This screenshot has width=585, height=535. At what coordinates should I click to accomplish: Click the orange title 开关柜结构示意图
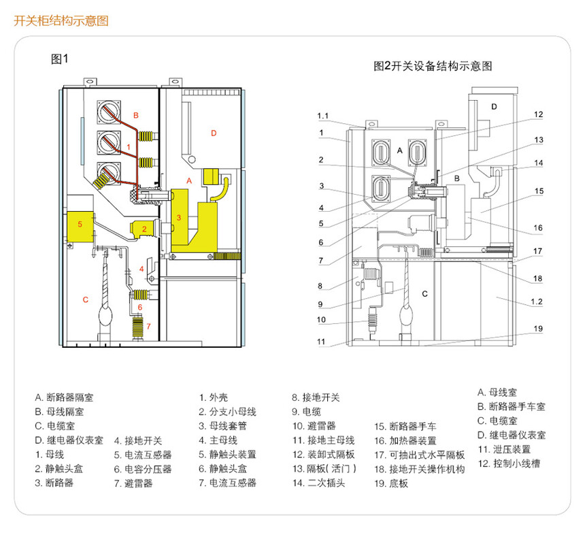pyautogui.click(x=61, y=20)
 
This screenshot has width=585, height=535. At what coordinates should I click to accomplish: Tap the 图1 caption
pyautogui.click(x=60, y=59)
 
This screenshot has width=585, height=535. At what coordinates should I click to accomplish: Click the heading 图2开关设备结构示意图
pyautogui.click(x=433, y=66)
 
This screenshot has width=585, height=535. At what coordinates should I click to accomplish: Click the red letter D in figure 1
pyautogui.click(x=214, y=133)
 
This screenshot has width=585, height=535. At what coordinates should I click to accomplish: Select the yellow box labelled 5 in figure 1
pyautogui.click(x=80, y=227)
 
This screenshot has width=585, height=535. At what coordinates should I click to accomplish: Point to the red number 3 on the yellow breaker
pyautogui.click(x=179, y=218)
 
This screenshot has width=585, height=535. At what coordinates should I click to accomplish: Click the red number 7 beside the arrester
pyautogui.click(x=148, y=326)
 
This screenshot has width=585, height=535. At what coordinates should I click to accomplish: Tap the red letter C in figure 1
pyautogui.click(x=86, y=299)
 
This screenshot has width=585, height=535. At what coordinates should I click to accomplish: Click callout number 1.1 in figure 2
pyautogui.click(x=322, y=116)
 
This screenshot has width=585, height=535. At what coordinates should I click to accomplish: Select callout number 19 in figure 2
pyautogui.click(x=538, y=329)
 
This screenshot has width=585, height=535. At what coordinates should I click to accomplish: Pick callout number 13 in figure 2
pyautogui.click(x=538, y=140)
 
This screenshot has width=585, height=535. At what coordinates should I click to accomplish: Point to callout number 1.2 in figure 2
pyautogui.click(x=537, y=302)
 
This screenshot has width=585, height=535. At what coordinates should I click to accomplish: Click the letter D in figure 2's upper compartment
pyautogui.click(x=494, y=107)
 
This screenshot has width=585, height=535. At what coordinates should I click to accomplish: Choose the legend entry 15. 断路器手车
pyautogui.click(x=405, y=426)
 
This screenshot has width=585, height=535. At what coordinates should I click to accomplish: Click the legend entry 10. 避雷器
pyautogui.click(x=314, y=426)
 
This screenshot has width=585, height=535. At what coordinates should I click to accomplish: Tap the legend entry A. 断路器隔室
pyautogui.click(x=64, y=398)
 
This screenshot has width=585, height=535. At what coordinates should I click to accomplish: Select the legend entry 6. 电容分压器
pyautogui.click(x=143, y=469)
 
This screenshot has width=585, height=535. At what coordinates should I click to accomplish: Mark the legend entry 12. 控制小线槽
pyautogui.click(x=509, y=464)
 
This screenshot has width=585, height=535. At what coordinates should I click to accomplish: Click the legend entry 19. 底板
pyautogui.click(x=391, y=483)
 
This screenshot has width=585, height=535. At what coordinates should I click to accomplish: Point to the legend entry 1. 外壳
pyautogui.click(x=214, y=398)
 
